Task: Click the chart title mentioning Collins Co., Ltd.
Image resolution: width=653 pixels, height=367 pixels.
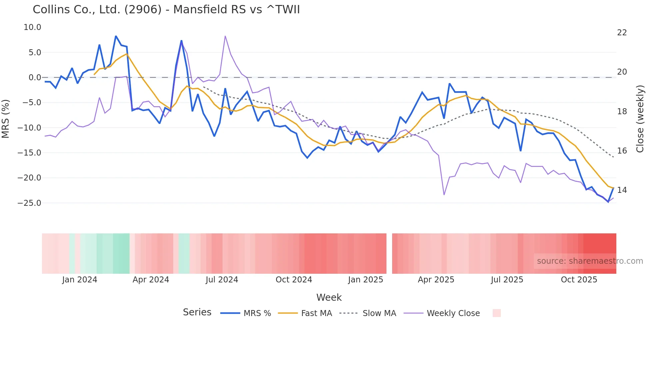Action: click(166, 10)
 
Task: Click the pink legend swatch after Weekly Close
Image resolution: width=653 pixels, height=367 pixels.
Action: click(496, 313)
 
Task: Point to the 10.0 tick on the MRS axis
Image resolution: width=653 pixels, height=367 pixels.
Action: click(32, 27)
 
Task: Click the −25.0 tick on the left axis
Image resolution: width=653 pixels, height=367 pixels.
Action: click(29, 203)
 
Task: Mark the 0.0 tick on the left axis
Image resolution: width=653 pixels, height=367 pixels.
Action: click(35, 78)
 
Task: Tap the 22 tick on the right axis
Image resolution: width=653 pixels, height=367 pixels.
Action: click(622, 33)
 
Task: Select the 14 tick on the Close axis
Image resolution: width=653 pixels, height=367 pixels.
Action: click(622, 190)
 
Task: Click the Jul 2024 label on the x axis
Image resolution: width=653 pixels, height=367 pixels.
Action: click(222, 280)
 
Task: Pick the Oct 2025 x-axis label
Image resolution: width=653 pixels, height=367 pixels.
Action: click(579, 280)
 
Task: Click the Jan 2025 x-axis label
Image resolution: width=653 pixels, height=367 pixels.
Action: click(365, 280)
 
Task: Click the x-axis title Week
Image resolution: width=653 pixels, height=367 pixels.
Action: click(329, 297)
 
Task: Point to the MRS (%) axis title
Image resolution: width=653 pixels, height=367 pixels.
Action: click(6, 119)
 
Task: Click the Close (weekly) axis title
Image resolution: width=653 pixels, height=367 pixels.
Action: click(640, 119)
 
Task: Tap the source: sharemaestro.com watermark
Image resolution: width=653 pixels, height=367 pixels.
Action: click(590, 261)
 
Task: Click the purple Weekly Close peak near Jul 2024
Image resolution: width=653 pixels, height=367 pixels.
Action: click(225, 36)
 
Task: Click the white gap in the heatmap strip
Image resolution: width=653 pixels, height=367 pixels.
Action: click(389, 253)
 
